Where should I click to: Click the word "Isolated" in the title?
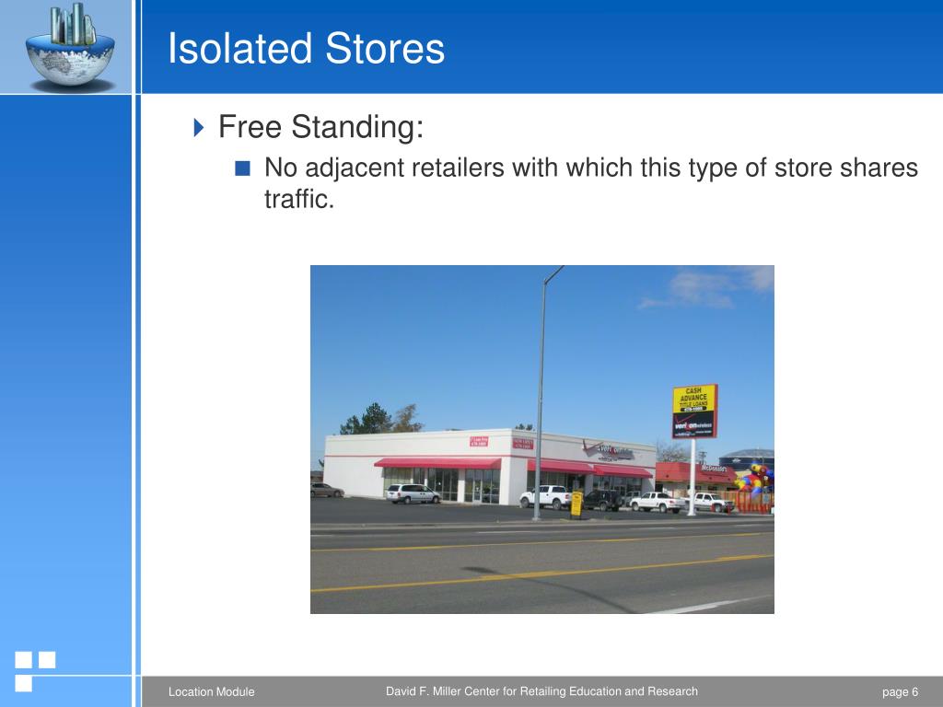coord(235,49)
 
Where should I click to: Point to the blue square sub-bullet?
coord(242,168)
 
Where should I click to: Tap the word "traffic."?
coord(297,199)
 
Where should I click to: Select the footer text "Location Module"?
coord(211,692)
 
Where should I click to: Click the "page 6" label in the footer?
coord(900,692)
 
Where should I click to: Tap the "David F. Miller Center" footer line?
coord(541,691)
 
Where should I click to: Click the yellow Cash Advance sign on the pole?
coord(694,411)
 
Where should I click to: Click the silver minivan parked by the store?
coord(412,493)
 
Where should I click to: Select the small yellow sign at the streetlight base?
coord(576,504)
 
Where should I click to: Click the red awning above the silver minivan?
coord(437,463)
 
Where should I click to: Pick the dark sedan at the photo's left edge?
coord(325,490)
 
